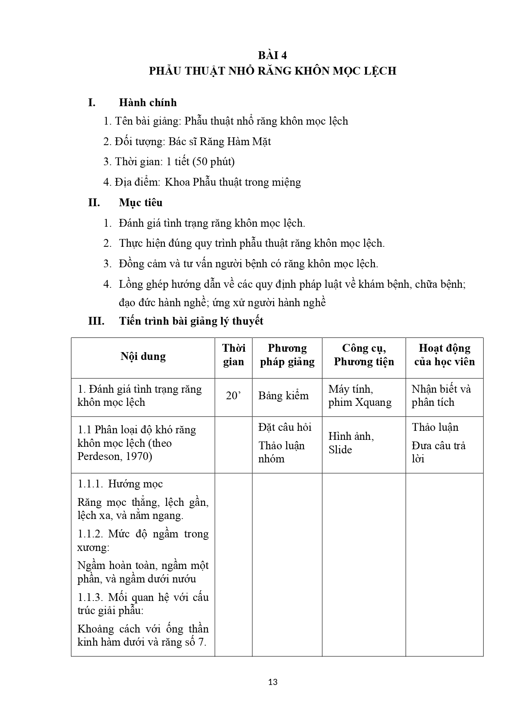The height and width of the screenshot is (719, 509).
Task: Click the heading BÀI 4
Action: pyautogui.click(x=272, y=55)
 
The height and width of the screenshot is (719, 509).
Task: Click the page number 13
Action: pyautogui.click(x=272, y=682)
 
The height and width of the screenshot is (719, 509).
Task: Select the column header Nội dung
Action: pyautogui.click(x=143, y=356)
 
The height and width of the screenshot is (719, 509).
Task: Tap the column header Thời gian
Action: pyautogui.click(x=233, y=355)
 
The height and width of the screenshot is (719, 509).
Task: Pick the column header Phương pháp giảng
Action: pyautogui.click(x=287, y=355)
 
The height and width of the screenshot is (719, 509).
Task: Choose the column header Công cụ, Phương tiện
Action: pyautogui.click(x=364, y=355)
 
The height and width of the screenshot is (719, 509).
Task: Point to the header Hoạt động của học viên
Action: pyautogui.click(x=444, y=355)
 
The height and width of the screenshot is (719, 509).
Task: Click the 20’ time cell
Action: pyautogui.click(x=233, y=396)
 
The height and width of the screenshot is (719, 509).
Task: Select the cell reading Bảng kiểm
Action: pyautogui.click(x=283, y=396)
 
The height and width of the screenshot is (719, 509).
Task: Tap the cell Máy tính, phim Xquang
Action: pyautogui.click(x=360, y=396)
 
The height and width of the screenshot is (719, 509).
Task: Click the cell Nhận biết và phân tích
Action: pyautogui.click(x=441, y=396)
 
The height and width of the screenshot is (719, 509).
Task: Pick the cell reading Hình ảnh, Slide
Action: pyautogui.click(x=351, y=443)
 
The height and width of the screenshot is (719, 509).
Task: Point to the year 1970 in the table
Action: pyautogui.click(x=139, y=456)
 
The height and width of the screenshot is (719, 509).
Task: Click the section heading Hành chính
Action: pyautogui.click(x=148, y=102)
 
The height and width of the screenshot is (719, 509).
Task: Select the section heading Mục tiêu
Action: pyautogui.click(x=141, y=203)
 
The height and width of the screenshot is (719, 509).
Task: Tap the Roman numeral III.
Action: pyautogui.click(x=96, y=321)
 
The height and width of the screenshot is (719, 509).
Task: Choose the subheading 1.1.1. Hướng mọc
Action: pyautogui.click(x=120, y=484)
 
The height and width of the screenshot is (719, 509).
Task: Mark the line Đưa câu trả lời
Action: pyautogui.click(x=438, y=452)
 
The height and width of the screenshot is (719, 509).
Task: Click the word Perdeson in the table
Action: pyautogui.click(x=98, y=456)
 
